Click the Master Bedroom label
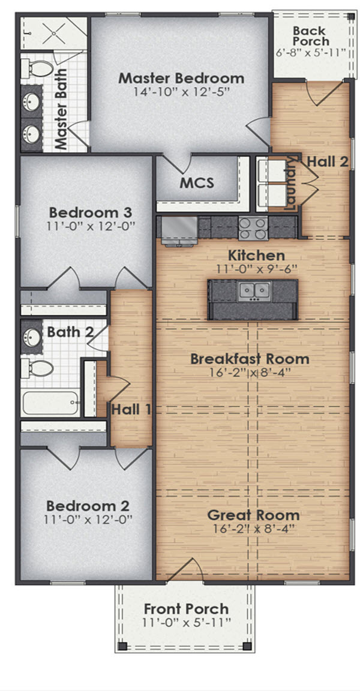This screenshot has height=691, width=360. tap(181, 78)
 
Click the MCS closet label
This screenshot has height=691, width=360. tap(197, 183)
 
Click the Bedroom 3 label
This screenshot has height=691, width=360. tap(91, 213)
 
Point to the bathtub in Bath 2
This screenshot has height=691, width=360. tap(50, 402)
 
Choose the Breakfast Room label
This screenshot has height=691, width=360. tap(250, 359)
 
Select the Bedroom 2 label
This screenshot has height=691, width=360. tap(88, 505)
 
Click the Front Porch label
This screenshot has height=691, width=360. tap(185, 609)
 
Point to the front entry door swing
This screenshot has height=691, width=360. tap(189, 570)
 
